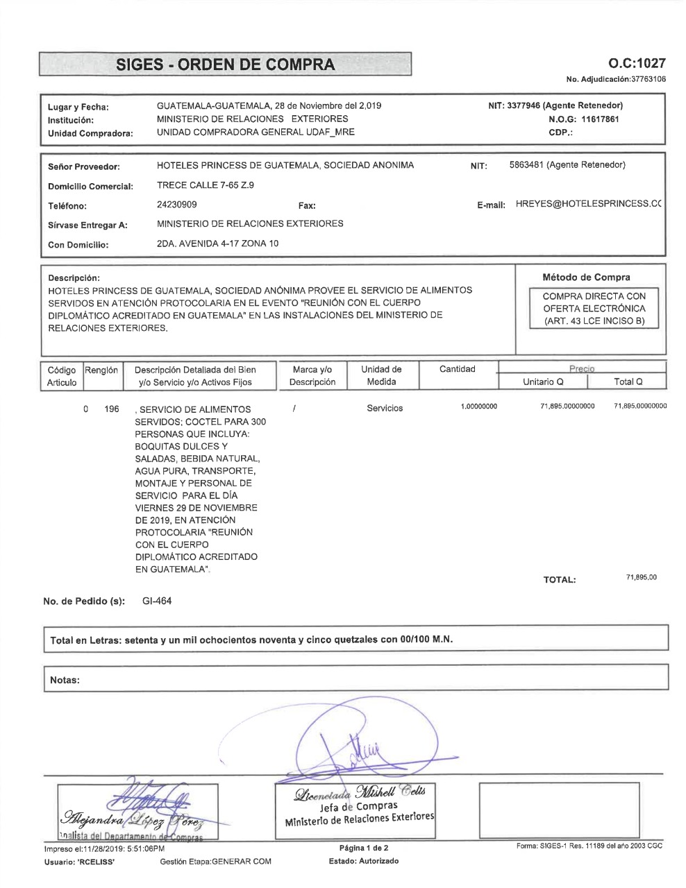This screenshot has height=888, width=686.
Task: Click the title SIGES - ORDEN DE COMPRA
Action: click(225, 65)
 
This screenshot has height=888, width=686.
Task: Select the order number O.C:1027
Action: click(637, 64)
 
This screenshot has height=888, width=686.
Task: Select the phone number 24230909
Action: click(177, 205)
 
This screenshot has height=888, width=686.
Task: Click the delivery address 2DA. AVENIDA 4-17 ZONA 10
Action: click(218, 244)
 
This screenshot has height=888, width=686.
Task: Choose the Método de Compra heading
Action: click(586, 277)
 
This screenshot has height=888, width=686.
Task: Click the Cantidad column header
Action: click(457, 369)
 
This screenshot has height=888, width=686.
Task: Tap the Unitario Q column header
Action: click(543, 382)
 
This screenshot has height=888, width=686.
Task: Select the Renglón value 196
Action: click(111, 409)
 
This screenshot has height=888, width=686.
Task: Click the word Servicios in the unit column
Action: click(385, 409)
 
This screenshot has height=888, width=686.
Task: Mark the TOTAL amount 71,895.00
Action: click(642, 577)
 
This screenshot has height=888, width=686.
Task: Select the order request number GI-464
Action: click(157, 601)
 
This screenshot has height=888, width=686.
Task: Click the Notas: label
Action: click(65, 680)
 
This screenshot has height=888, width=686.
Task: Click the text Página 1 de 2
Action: click(364, 848)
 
